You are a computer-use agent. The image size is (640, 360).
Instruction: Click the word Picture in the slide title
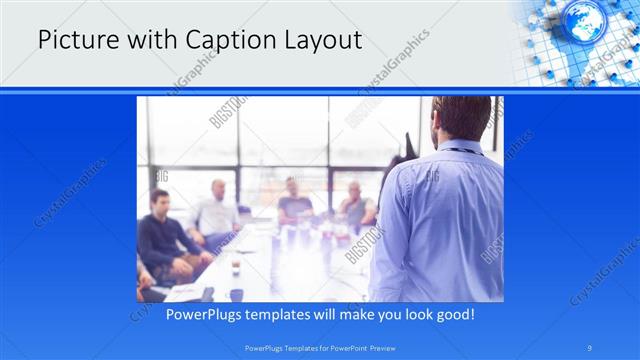point(72,41)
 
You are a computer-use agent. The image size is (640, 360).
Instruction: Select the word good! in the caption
point(451,314)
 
